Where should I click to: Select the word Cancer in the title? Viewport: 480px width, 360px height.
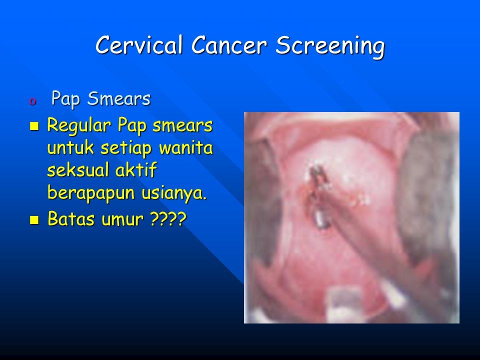[x=229, y=45]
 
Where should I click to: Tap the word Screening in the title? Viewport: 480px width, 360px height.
[x=330, y=47]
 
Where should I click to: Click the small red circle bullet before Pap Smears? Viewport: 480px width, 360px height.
[x=33, y=101]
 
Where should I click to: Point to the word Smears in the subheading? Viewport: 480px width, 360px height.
[x=119, y=98]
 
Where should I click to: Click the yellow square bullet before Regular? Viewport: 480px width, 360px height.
[x=34, y=126]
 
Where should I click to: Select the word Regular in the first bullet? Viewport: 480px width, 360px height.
[x=79, y=126]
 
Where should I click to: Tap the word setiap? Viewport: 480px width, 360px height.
[x=126, y=148]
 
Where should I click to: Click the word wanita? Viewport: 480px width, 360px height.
[x=186, y=147]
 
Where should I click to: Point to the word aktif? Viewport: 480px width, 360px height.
[x=136, y=170]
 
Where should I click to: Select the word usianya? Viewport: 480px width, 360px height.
[x=174, y=193]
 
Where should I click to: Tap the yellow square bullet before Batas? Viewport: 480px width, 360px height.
[x=34, y=220]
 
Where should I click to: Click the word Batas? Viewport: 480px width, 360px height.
[x=71, y=218]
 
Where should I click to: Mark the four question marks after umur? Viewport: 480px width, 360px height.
[x=168, y=219]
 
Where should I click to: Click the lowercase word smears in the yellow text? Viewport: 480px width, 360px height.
[x=182, y=125]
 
